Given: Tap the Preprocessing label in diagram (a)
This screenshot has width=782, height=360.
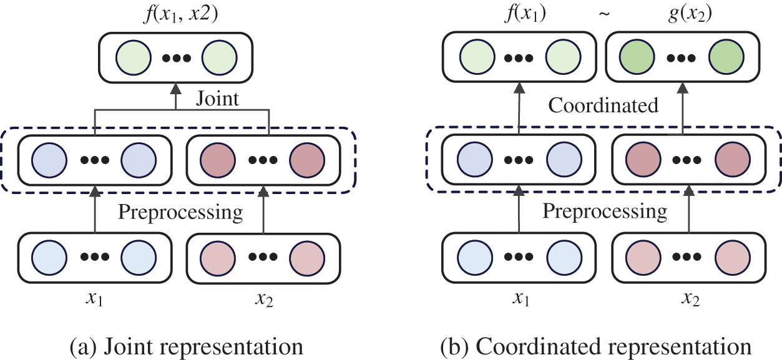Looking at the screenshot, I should click(180, 212).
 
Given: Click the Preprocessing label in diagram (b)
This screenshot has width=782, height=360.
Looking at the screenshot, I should click(604, 212).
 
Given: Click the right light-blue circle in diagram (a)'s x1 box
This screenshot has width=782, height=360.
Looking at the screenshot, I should click(137, 257).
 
